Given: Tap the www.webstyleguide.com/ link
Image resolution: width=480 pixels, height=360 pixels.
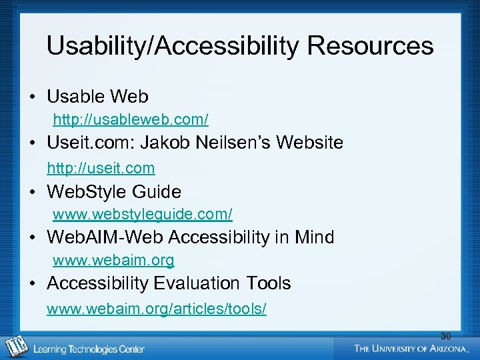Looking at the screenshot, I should click(x=143, y=215).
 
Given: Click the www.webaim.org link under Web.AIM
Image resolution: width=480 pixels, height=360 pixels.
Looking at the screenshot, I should click(x=113, y=260).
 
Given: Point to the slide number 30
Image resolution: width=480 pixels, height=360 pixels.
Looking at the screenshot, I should click(x=445, y=336).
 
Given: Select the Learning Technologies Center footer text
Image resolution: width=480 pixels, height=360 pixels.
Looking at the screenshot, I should click(x=89, y=349).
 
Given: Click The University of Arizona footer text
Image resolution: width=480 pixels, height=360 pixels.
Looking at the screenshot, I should click(x=412, y=348).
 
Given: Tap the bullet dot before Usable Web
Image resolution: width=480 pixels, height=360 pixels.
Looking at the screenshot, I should click(x=32, y=97).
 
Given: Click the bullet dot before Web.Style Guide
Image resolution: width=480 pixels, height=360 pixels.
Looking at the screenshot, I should click(x=32, y=193).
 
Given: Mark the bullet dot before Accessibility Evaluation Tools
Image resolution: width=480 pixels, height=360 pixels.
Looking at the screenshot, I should click(x=32, y=284).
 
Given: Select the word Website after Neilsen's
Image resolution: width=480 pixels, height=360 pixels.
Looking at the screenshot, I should click(x=310, y=143).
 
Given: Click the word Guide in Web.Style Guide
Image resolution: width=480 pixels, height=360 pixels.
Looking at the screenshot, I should click(x=157, y=192).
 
